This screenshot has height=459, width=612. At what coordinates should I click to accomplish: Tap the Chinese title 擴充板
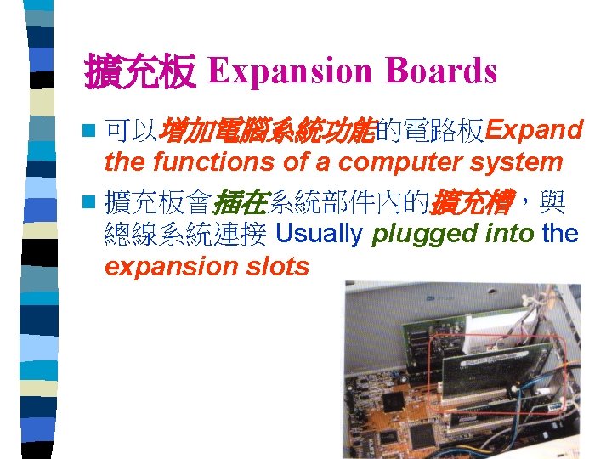[x=140, y=73]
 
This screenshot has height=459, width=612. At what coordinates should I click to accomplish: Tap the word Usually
[x=320, y=233]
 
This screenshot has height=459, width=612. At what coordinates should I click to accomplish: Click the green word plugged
[x=415, y=233]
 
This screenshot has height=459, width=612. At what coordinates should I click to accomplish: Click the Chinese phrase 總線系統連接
[x=185, y=233]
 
